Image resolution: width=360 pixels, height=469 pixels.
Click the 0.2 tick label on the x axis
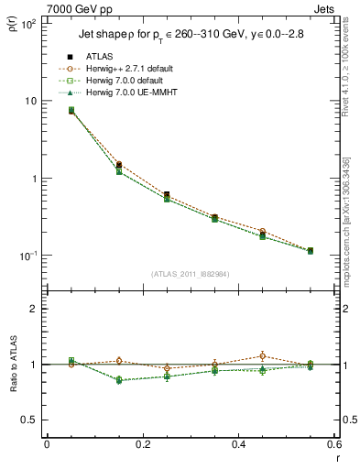(142, 446)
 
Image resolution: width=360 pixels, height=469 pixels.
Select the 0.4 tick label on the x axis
(238, 446)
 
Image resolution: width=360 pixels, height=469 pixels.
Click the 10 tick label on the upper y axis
(30, 101)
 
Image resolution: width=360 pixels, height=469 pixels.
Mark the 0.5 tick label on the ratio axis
(28, 420)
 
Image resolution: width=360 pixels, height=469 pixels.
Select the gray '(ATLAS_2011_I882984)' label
(191, 274)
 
